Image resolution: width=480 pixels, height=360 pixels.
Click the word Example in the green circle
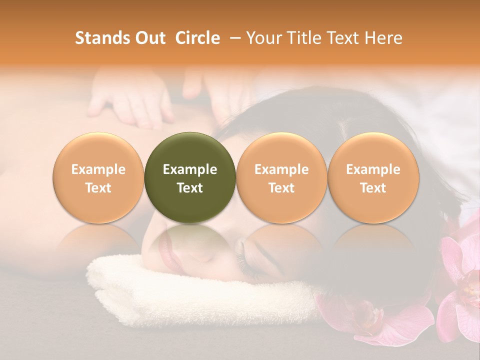(x=190, y=169)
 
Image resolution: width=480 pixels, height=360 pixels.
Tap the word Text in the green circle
(x=190, y=188)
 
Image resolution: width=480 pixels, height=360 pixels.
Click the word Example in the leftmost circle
(x=98, y=169)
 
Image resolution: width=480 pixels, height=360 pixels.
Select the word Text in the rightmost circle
(x=373, y=188)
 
